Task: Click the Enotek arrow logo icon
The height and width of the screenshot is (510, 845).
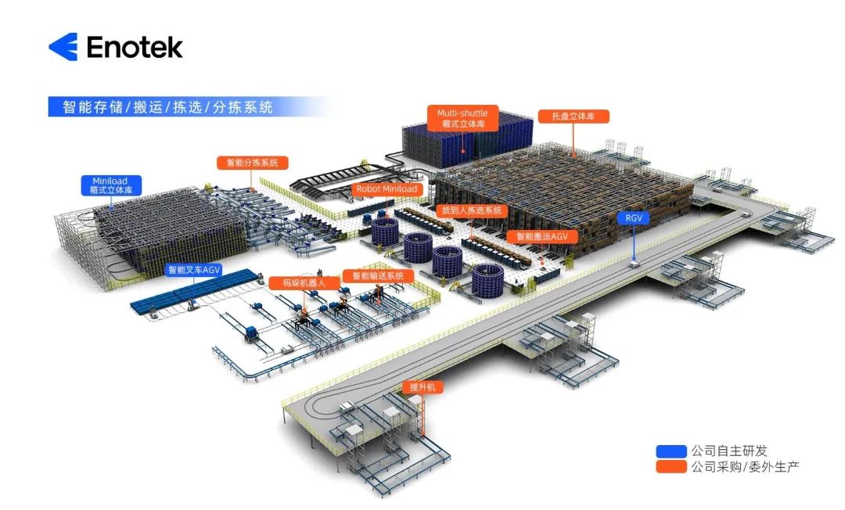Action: pyautogui.click(x=63, y=47)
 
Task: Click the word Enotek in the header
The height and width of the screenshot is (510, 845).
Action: pyautogui.click(x=135, y=47)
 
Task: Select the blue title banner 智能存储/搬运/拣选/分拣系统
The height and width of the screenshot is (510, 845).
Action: pyautogui.click(x=167, y=107)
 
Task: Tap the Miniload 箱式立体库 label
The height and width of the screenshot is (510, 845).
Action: pyautogui.click(x=110, y=185)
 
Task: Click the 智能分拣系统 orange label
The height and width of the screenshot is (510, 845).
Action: pyautogui.click(x=252, y=163)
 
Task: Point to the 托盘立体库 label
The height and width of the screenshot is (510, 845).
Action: pyautogui.click(x=574, y=116)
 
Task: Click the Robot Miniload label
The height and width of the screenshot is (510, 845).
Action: pyautogui.click(x=387, y=189)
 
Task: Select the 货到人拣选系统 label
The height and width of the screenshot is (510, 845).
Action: pyautogui.click(x=472, y=210)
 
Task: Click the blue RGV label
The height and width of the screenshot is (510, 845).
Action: pyautogui.click(x=633, y=218)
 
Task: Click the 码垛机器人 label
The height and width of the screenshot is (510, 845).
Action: pyautogui.click(x=297, y=282)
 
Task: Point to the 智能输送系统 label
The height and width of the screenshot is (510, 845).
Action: pyautogui.click(x=377, y=276)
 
